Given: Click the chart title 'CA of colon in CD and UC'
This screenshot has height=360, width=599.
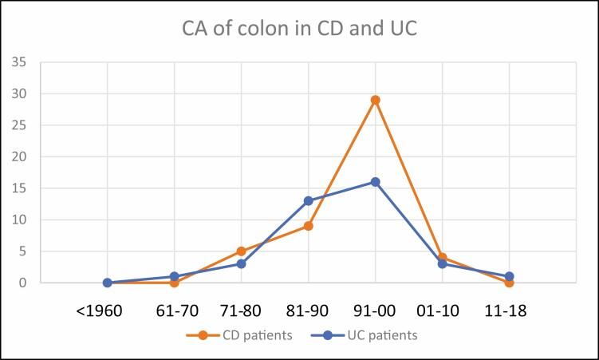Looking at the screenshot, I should (299, 31).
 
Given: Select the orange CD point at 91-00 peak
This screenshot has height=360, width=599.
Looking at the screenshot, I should (375, 100).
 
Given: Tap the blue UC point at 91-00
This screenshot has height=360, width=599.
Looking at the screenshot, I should (375, 182).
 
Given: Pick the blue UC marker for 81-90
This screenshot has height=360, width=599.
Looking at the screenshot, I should (308, 200).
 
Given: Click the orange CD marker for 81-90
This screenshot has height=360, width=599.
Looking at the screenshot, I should (308, 226).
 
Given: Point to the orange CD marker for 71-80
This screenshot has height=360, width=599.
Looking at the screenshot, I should (241, 251).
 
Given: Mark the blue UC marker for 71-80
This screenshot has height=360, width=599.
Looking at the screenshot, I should (241, 263).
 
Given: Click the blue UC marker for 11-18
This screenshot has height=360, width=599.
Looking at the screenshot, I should (509, 276).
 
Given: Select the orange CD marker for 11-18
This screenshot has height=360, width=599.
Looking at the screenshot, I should (509, 283).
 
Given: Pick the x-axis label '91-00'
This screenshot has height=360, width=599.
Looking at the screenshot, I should (375, 310).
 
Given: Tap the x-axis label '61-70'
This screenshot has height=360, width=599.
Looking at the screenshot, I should (174, 310).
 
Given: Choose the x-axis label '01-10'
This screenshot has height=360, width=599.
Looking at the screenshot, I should (442, 310).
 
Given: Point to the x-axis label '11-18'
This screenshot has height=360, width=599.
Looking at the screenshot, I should (509, 310).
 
